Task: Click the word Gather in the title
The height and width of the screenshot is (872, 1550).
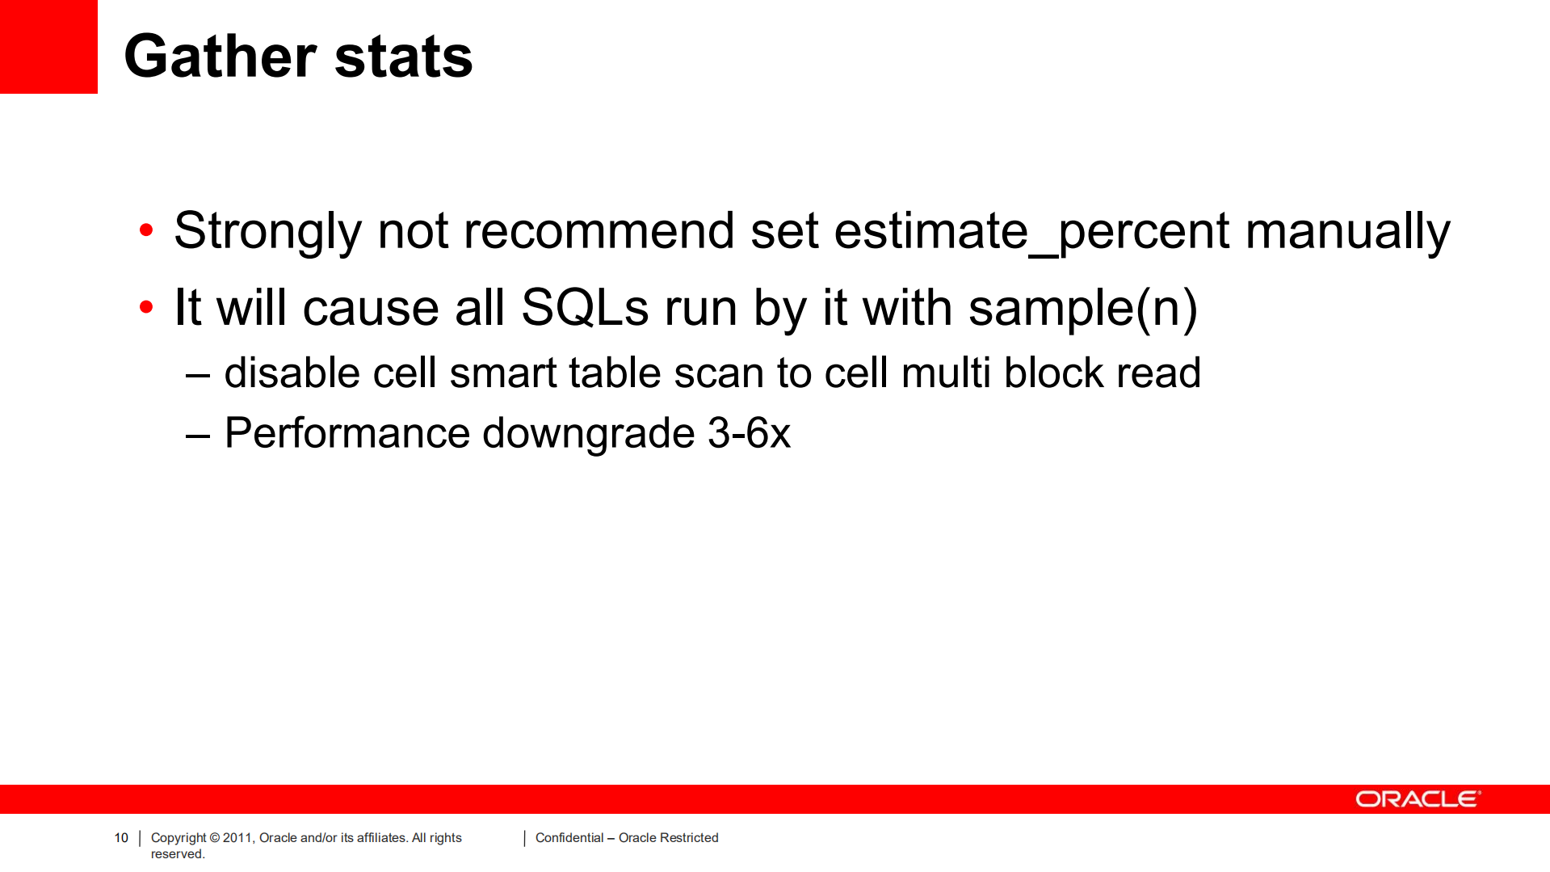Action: [x=220, y=57]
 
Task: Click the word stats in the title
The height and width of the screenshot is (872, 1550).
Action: [x=403, y=57]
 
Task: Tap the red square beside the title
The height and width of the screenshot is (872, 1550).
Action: [x=48, y=46]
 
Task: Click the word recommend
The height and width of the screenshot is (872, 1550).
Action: [x=599, y=230]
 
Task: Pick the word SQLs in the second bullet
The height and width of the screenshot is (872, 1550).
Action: [x=585, y=307]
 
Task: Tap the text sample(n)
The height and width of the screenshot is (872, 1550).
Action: [x=1082, y=309]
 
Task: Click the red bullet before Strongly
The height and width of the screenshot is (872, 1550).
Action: [x=146, y=230]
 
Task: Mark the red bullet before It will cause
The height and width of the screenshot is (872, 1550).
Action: [x=146, y=307]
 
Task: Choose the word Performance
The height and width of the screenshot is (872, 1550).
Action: [x=347, y=432]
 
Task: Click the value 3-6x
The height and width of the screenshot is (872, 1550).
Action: [x=749, y=433]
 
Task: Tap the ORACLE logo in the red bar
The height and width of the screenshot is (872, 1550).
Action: [x=1418, y=799]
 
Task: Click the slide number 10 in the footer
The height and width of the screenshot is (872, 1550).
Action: [x=121, y=838]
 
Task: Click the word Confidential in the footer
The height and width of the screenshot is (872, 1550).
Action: [x=569, y=838]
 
